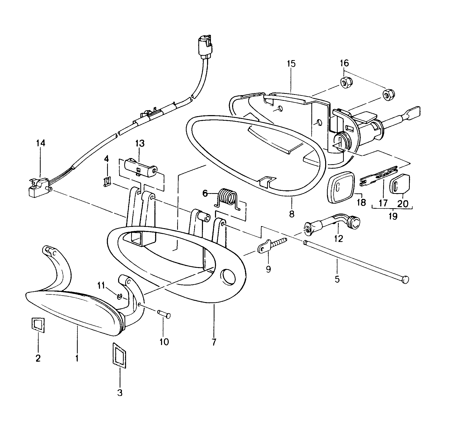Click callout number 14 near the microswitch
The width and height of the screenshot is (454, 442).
point(40,143)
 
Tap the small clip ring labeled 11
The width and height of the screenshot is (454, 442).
point(119,297)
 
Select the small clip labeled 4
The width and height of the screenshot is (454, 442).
point(108,181)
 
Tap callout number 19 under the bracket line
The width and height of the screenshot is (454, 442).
point(393,216)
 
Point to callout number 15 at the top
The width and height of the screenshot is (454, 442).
point(291,64)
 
